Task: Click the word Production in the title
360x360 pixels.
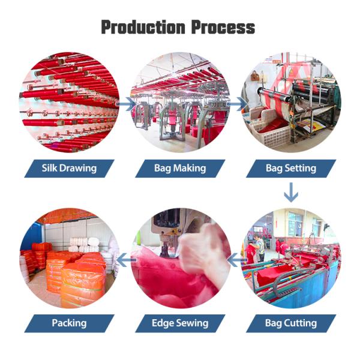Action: pos(143,27)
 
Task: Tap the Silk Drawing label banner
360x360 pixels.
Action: pos(69,168)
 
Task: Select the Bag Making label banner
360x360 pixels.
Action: pos(180,168)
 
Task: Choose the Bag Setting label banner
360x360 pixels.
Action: pos(291,168)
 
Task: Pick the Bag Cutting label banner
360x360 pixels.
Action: pos(291,323)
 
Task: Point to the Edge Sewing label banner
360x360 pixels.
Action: pos(180,323)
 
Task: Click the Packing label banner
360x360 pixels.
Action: pos(69,323)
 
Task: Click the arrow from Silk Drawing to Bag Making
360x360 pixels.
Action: pos(127,104)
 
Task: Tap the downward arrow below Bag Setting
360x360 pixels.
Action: pos(291,192)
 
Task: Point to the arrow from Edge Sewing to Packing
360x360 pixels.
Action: pos(126,259)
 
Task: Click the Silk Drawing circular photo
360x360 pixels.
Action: pos(69,102)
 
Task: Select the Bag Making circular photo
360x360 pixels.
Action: pos(180,102)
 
